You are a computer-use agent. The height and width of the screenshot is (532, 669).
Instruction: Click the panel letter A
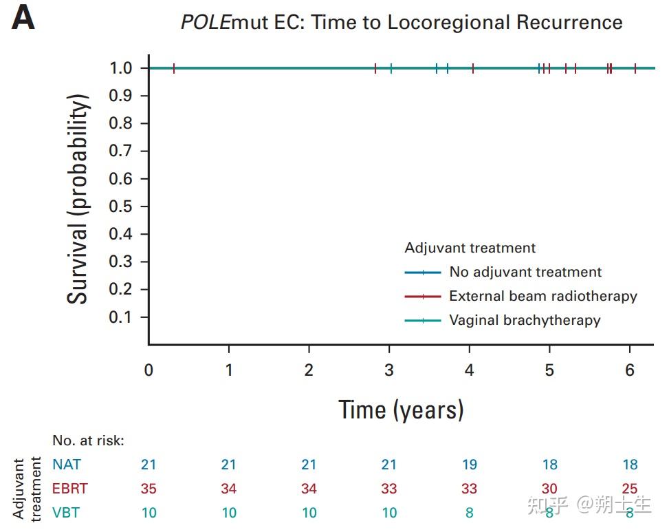(x=23, y=19)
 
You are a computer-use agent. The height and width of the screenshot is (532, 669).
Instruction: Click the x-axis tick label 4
(x=469, y=370)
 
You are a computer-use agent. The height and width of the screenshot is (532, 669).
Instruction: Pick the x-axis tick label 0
(x=149, y=370)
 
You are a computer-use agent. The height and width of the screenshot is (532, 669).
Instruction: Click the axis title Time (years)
(x=401, y=410)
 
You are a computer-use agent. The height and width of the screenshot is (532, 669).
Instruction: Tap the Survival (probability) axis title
(x=78, y=200)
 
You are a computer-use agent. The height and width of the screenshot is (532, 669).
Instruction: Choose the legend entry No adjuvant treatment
(x=525, y=272)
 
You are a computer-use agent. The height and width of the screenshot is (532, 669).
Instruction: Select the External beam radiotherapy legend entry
(x=543, y=296)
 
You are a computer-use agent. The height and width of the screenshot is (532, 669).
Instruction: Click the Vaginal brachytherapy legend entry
(x=525, y=320)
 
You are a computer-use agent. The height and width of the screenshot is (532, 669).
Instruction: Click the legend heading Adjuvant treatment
(x=470, y=248)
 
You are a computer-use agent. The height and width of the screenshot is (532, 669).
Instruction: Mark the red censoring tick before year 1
(x=174, y=68)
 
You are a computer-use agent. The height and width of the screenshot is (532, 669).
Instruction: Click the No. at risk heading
(x=89, y=440)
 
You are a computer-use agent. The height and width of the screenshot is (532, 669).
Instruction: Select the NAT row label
(x=65, y=465)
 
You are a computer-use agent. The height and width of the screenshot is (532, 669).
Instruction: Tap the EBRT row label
(x=69, y=489)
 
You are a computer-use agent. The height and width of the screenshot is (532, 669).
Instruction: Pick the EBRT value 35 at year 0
(x=149, y=489)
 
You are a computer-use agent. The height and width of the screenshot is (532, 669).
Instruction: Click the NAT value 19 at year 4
(x=469, y=465)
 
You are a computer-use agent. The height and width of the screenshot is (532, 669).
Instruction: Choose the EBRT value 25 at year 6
(x=629, y=489)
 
